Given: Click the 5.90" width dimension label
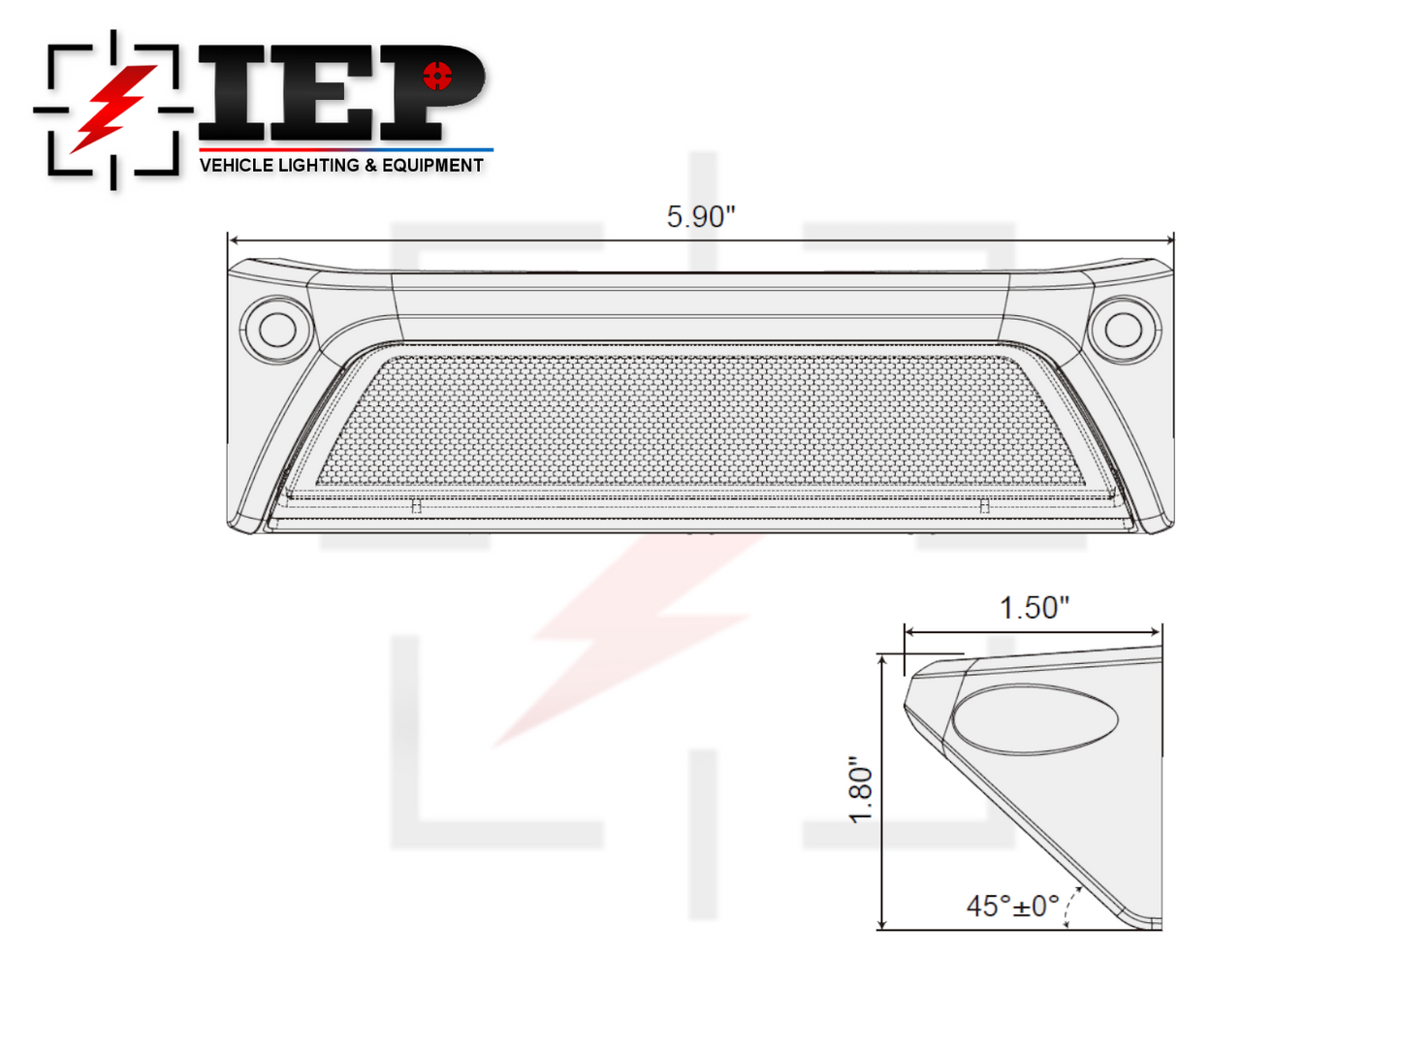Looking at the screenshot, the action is [700, 216].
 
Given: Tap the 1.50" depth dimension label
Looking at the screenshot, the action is [1033, 607].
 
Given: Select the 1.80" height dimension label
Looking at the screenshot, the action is [860, 789].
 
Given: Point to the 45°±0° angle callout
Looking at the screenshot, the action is [1012, 906].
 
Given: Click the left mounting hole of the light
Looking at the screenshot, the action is [277, 330].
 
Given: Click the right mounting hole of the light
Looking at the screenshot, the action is [1124, 330].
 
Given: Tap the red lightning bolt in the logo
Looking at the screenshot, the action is [113, 109].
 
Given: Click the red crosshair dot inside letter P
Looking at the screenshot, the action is [437, 76].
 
